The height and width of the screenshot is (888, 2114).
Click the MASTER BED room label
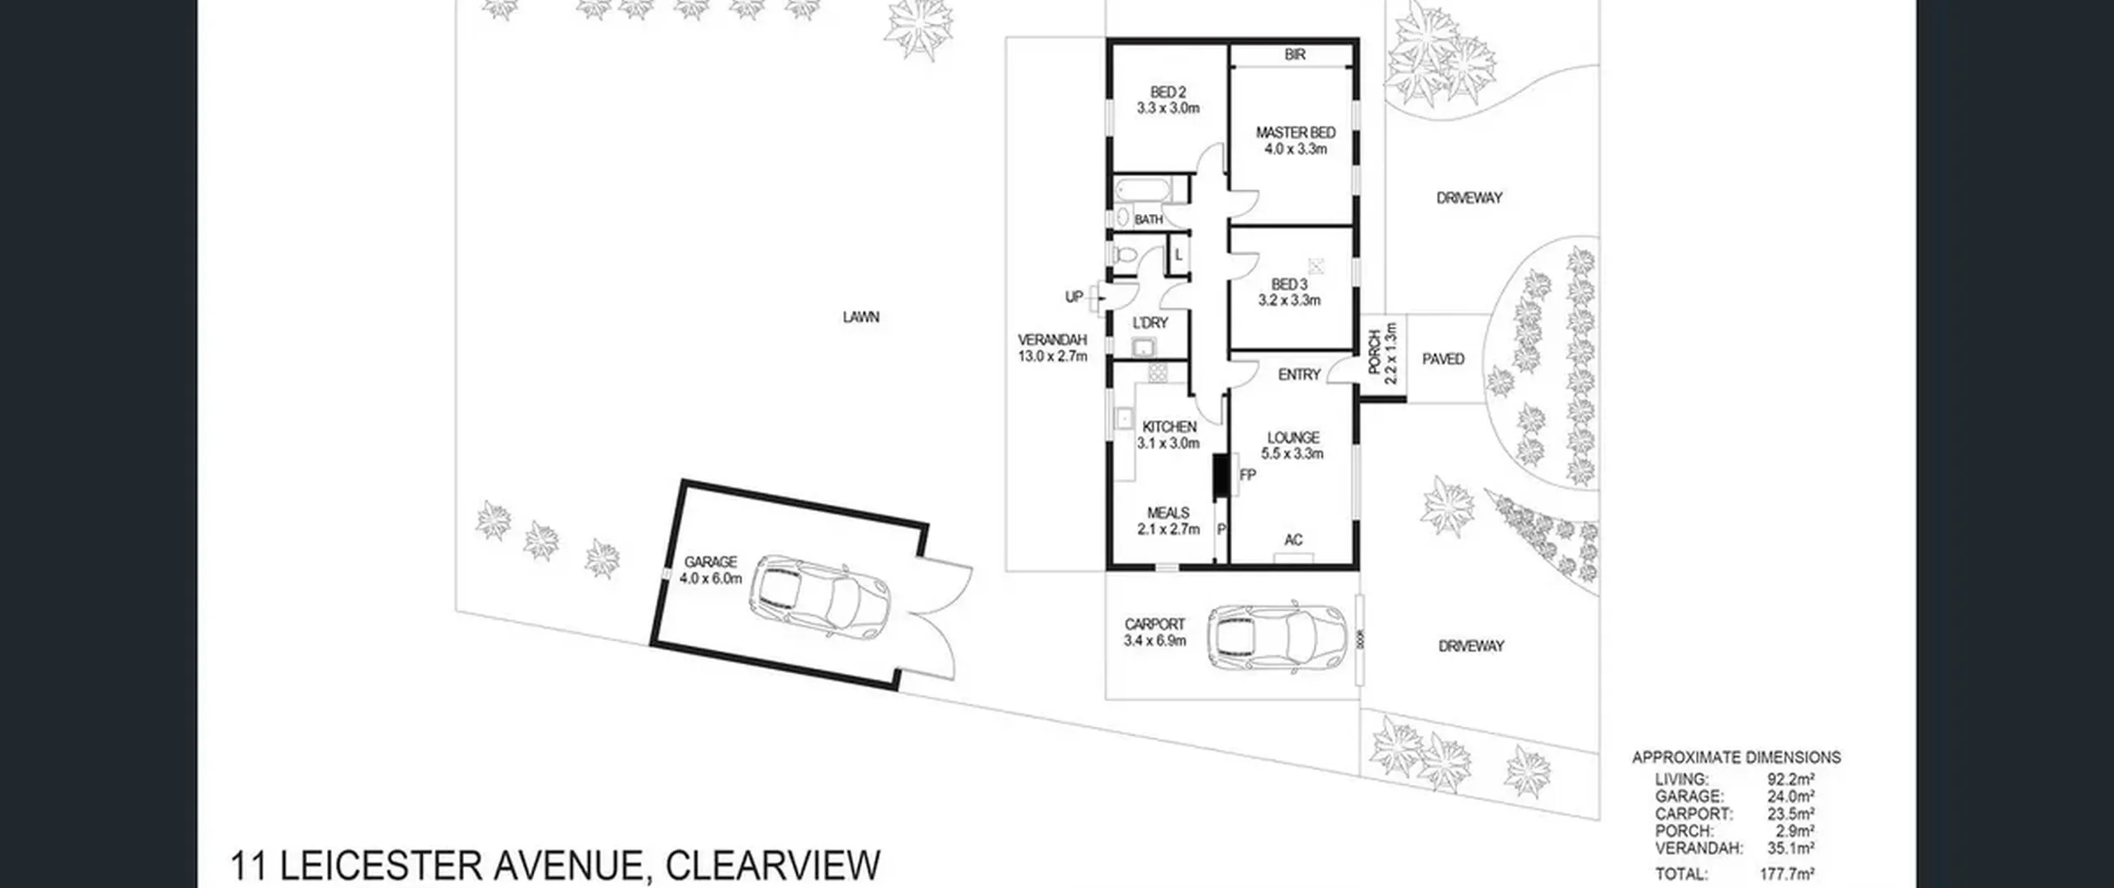coord(1296,132)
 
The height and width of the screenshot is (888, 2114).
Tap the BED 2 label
coord(1168,93)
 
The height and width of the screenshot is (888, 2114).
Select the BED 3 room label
coord(1289,284)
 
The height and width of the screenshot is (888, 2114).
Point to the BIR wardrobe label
coord(1295,55)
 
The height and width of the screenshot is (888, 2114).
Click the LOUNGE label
coord(1293,438)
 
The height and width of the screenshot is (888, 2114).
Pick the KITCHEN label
coord(1169,426)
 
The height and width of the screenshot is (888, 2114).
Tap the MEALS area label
coord(1168,513)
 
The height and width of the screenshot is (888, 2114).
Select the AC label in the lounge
coord(1293,539)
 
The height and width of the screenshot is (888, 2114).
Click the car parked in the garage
coord(824,596)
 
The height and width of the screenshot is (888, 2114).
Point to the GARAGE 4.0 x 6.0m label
coord(710,570)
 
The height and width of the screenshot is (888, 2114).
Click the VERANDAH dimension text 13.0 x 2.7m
coord(1053,357)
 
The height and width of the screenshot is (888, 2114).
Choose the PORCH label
coord(1375,353)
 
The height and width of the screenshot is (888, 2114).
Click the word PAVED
coord(1443,359)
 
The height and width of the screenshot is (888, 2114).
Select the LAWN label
coord(861,316)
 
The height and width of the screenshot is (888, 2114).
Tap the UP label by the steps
coord(1074,297)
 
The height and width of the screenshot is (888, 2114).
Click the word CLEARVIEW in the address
coord(773,866)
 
